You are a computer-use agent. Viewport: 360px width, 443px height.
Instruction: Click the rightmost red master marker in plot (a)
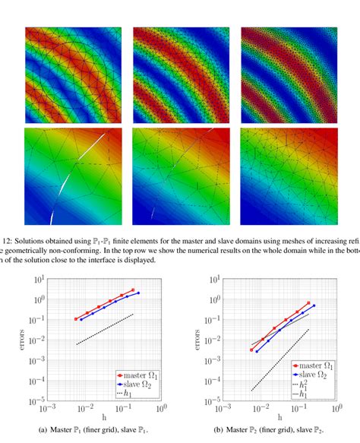coord(134,290)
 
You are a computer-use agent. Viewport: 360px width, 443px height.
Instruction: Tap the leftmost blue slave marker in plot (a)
coord(81,319)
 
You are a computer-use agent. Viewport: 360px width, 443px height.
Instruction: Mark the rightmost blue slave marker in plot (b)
coord(314,306)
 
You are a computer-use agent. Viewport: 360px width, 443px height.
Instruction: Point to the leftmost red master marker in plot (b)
coord(251,350)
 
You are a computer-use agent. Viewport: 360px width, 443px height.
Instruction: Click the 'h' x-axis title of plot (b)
coord(279,418)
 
